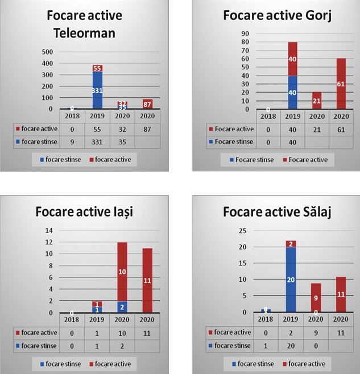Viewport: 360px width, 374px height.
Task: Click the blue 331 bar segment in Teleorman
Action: click(98, 90)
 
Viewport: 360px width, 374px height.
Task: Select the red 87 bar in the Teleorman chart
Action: click(148, 104)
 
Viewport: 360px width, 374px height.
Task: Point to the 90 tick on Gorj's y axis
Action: click(245, 33)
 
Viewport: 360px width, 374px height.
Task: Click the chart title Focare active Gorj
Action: click(277, 16)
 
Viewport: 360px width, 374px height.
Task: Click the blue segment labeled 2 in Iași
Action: click(122, 306)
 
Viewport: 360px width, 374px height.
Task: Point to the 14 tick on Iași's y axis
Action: click(49, 230)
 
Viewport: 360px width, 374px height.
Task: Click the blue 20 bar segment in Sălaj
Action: click(291, 279)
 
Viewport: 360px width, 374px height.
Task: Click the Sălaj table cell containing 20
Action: click(291, 345)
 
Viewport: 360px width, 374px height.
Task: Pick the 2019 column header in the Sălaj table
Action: click(291, 319)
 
